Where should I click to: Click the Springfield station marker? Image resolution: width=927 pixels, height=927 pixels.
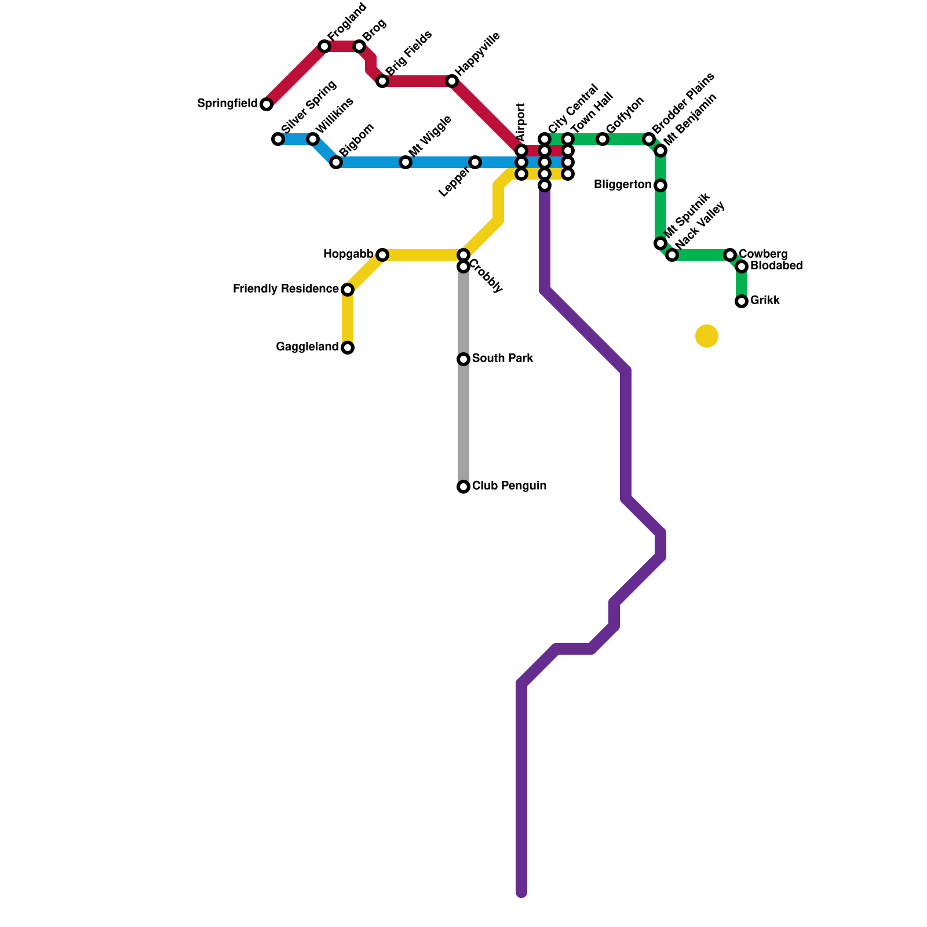tap(267, 104)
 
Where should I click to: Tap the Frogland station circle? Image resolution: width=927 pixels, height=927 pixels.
tap(324, 46)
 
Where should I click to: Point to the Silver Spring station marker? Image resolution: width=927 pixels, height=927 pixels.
tap(278, 139)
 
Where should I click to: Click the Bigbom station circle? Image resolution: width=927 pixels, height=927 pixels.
tap(336, 162)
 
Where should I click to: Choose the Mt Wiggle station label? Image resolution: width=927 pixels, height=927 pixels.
tap(430, 136)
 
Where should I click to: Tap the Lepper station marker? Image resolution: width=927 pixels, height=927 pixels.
tap(475, 162)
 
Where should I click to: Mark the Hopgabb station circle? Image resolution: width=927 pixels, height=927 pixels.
tap(382, 255)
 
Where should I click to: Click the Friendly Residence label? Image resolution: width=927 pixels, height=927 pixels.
tap(286, 289)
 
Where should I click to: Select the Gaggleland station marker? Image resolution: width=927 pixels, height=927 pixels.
tap(348, 348)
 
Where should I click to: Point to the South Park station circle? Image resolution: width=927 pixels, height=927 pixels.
tap(463, 359)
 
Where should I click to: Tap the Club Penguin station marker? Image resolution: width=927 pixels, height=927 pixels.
tap(463, 487)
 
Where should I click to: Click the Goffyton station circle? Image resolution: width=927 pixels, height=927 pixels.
tap(603, 139)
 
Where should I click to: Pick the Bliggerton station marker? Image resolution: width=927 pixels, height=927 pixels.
tap(660, 185)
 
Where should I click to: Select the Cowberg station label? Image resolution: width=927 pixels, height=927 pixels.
tap(763, 254)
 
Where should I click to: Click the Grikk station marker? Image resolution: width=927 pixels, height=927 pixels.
tap(742, 301)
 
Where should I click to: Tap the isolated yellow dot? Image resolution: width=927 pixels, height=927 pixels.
tap(707, 336)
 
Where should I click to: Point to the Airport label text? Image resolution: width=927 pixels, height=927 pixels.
tap(521, 122)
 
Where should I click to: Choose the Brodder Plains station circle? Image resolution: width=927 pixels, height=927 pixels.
tap(649, 139)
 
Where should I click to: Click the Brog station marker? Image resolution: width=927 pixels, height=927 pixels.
tap(359, 46)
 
